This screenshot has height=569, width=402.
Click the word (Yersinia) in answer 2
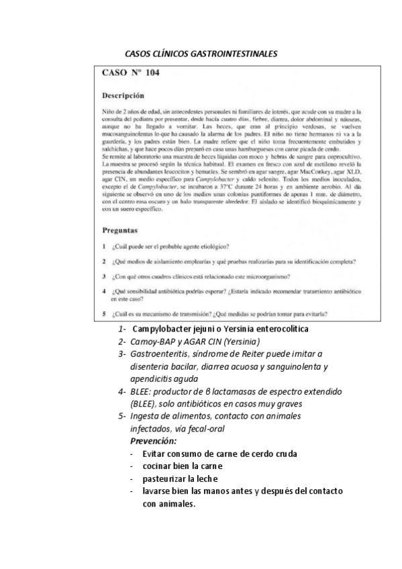click(x=232, y=342)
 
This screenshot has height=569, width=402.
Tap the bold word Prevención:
click(x=153, y=441)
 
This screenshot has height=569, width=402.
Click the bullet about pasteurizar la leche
click(x=181, y=478)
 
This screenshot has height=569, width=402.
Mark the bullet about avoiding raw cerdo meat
click(x=219, y=454)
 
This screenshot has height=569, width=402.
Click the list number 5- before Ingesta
click(x=121, y=417)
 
